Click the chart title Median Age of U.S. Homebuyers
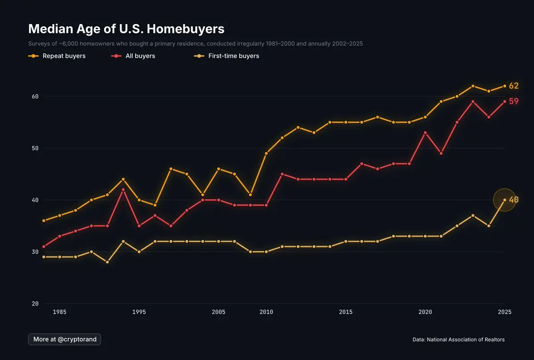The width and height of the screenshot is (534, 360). click(x=126, y=29)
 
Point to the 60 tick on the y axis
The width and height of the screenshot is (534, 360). click(x=35, y=96)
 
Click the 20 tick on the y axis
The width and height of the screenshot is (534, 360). click(x=35, y=303)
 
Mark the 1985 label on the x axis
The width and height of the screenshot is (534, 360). click(x=60, y=312)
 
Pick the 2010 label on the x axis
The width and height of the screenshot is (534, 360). click(x=266, y=312)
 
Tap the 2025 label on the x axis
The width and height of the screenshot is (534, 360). click(x=505, y=312)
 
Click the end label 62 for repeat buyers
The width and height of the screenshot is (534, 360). click(x=514, y=86)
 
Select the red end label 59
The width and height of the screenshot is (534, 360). click(x=514, y=101)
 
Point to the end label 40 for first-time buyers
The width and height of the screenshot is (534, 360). click(x=514, y=200)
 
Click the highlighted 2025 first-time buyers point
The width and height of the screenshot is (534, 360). click(x=505, y=200)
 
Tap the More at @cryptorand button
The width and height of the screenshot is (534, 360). click(x=65, y=339)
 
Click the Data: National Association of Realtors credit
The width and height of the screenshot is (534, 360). click(x=458, y=340)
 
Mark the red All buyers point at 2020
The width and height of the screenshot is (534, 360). click(x=425, y=133)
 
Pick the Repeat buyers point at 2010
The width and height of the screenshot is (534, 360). click(x=266, y=153)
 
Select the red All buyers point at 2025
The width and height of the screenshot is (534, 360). click(x=505, y=101)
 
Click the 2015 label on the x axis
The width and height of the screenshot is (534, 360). click(x=346, y=312)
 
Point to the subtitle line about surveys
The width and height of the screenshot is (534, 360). click(x=195, y=44)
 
